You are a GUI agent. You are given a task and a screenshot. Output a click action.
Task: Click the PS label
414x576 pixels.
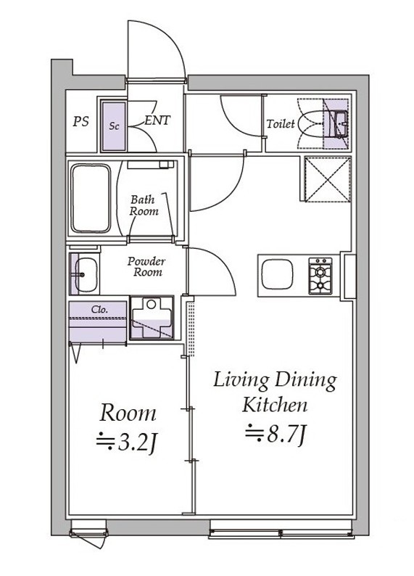80,122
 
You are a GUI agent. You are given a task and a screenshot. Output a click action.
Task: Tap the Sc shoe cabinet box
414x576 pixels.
114,126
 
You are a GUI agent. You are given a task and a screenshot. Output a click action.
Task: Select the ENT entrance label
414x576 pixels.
157,120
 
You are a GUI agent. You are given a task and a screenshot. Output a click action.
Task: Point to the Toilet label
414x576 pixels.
281,124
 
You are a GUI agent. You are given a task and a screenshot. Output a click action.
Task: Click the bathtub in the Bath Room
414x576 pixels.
91,198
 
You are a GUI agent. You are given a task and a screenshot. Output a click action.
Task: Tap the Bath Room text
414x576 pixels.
144,205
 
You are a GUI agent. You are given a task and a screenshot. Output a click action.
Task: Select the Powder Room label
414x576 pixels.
146,267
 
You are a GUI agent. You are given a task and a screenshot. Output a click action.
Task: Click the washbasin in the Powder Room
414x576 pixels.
86,274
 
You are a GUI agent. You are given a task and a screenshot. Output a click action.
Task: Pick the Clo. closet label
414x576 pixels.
99,310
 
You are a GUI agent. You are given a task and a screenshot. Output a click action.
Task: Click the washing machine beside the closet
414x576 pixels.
152,318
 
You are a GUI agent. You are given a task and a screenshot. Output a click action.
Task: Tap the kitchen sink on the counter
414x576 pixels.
277,274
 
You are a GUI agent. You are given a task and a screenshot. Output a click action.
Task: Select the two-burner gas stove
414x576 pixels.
320,276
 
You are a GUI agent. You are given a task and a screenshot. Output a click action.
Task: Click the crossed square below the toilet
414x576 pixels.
328,179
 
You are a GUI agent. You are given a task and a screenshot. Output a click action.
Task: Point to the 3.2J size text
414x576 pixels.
127,443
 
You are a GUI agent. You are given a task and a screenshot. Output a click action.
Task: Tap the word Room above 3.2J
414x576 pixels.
128,413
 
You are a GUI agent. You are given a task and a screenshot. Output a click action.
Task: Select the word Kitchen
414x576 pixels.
275,405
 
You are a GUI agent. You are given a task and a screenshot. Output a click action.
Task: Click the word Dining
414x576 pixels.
306,382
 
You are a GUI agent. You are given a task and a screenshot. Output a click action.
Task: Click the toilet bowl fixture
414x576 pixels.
311,124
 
